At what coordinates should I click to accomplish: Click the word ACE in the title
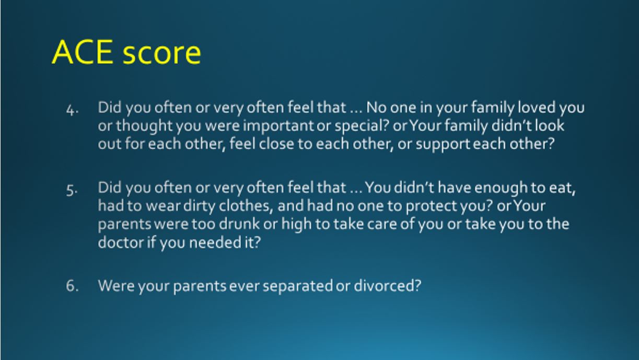(83, 52)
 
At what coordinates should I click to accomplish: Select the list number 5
(72, 190)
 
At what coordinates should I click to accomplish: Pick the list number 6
(72, 286)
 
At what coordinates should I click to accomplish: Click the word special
(360, 126)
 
